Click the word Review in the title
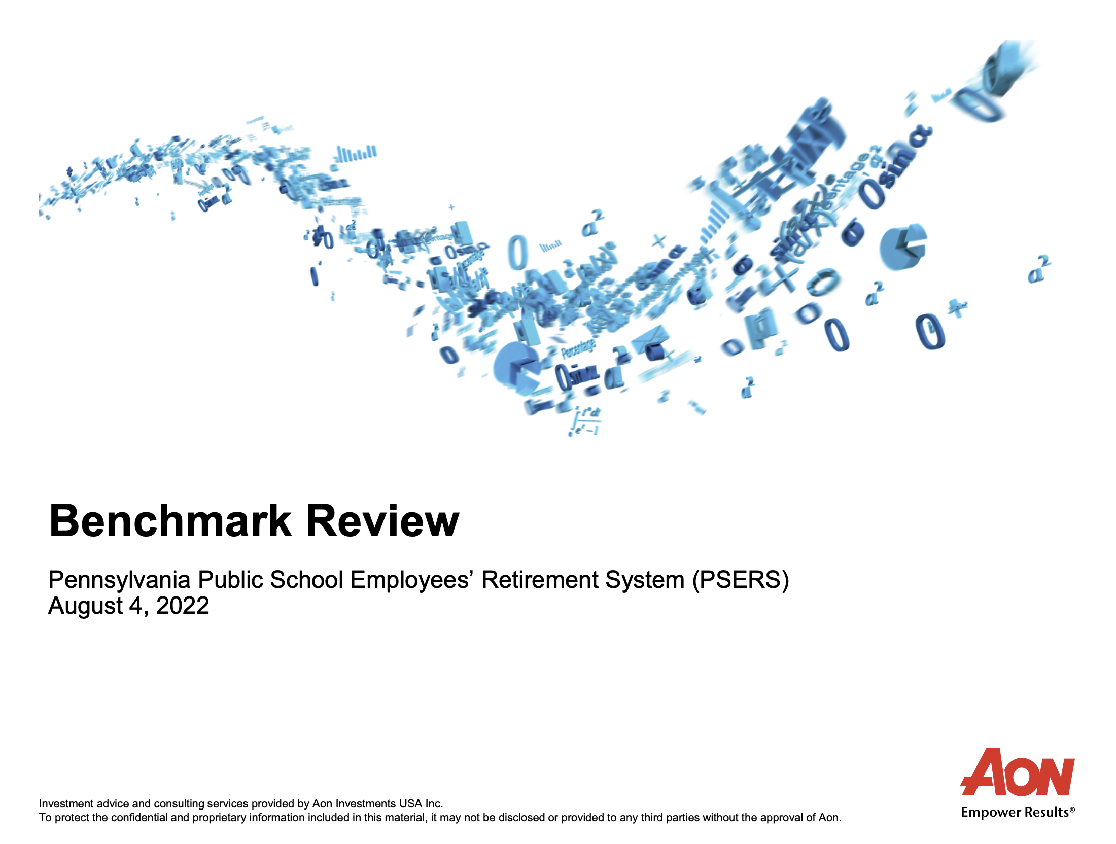382,520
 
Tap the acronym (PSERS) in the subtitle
741,580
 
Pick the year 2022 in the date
183,606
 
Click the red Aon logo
1018,771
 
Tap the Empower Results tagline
1018,812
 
